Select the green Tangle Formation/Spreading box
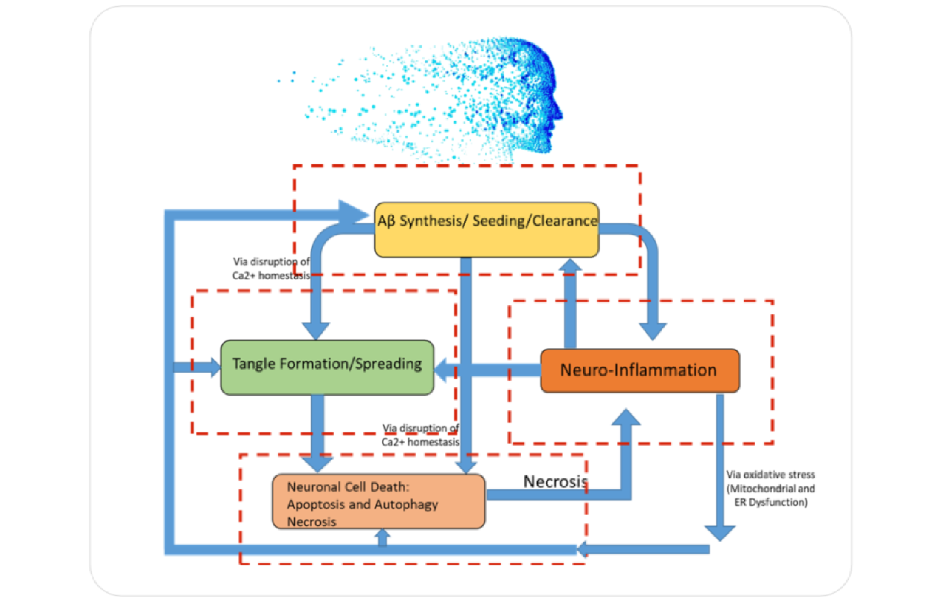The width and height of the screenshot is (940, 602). [x=327, y=367]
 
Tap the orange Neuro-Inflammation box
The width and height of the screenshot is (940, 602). [x=640, y=370]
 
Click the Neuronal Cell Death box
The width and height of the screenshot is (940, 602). [x=378, y=502]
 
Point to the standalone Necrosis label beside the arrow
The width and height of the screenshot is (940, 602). [x=554, y=481]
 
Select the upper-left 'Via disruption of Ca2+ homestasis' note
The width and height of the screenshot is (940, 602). [x=271, y=269]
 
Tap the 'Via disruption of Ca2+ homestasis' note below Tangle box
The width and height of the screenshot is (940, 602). [x=420, y=435]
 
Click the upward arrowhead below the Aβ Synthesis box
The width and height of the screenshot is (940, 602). [x=570, y=266]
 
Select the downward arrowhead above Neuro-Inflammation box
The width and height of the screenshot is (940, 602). [x=653, y=331]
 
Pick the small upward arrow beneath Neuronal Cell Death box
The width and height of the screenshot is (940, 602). [x=382, y=537]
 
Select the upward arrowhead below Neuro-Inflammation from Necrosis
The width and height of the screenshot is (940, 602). [x=626, y=418]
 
